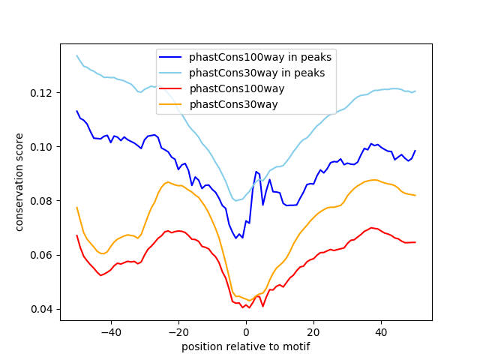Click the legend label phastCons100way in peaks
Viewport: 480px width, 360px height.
click(x=260, y=57)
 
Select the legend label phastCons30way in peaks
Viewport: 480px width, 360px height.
click(x=256, y=73)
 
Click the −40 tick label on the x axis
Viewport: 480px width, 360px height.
click(x=110, y=331)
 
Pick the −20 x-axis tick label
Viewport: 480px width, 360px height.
click(x=178, y=331)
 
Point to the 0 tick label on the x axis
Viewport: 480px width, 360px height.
click(x=246, y=331)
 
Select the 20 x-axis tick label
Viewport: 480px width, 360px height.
click(x=313, y=331)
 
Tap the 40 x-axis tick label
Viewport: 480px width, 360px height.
click(x=381, y=331)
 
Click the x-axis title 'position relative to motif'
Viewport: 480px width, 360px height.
click(x=245, y=346)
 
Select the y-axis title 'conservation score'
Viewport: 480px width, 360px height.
click(x=20, y=182)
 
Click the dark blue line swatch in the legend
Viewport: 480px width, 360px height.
click(x=172, y=57)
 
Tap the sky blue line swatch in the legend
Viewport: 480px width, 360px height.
click(x=172, y=73)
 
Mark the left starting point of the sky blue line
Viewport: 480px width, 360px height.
click(x=76, y=55)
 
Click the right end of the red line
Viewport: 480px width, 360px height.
click(x=415, y=242)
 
